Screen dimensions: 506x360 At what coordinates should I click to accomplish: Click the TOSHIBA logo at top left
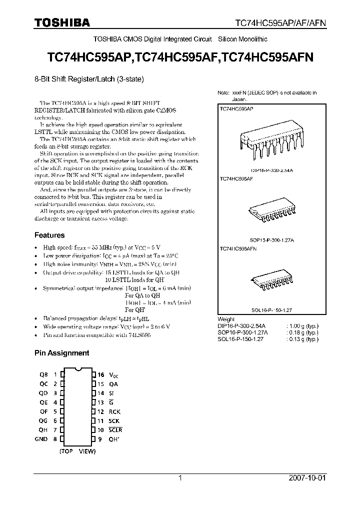(x=62, y=22)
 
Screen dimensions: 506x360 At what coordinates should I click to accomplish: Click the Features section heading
(x=49, y=235)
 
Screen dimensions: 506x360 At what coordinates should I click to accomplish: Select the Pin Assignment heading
(x=61, y=352)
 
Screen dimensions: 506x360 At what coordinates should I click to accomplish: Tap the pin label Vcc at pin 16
(x=114, y=375)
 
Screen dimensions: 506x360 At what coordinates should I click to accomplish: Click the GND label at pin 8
(x=40, y=439)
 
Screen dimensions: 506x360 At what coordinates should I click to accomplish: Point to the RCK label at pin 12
(x=115, y=411)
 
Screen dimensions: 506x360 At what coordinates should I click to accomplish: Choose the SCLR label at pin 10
(x=115, y=430)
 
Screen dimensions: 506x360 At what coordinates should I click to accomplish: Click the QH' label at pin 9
(x=114, y=439)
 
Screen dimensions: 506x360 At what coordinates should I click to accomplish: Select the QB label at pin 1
(x=43, y=375)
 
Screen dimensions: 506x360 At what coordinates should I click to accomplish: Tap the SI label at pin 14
(x=111, y=393)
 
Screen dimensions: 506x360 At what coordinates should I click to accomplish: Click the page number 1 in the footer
(x=180, y=478)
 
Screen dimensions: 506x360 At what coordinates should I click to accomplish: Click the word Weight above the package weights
(x=226, y=319)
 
